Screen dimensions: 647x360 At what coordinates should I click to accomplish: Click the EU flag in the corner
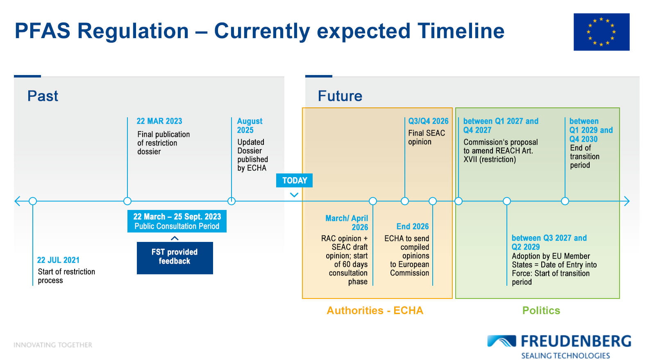coord(602,32)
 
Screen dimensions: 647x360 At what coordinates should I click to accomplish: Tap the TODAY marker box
coord(294,180)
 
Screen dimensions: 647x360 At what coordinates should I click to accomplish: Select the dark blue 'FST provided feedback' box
coord(175,258)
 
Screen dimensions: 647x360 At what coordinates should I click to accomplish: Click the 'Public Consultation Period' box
coord(177,221)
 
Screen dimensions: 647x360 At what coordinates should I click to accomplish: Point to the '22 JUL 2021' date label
coord(58,260)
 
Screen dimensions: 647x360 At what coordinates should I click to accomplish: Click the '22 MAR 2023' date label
coord(159,121)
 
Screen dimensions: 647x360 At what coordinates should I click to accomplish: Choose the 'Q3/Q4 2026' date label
coord(428,121)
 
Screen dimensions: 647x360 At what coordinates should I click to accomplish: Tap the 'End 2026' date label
coord(413,226)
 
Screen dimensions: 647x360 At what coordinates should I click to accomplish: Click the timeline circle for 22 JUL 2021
coord(33,201)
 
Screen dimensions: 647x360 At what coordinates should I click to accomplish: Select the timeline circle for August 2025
coord(232,201)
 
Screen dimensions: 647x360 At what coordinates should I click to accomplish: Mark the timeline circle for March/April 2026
coord(373,201)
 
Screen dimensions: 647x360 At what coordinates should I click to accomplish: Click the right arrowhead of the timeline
coord(627,201)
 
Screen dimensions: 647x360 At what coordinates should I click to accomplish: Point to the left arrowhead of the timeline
coord(17,201)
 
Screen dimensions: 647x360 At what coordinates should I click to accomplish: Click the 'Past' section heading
coord(43,96)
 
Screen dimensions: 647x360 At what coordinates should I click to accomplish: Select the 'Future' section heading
coord(340,96)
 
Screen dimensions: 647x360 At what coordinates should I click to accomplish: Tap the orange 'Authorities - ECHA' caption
coord(375,310)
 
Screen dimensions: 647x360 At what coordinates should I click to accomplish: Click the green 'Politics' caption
coord(541,310)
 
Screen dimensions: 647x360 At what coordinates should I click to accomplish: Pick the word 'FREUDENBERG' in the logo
coord(576,341)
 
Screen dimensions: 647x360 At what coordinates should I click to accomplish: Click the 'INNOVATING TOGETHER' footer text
coord(53,345)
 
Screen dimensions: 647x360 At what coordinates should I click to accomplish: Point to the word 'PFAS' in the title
coord(43,31)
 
